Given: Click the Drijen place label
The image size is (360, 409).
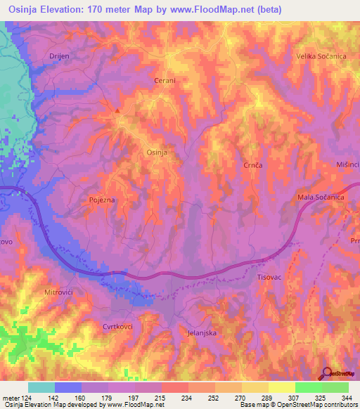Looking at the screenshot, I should click(57, 56).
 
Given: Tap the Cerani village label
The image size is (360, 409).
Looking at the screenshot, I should click(165, 81).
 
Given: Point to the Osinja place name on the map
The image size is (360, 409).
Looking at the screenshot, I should click(155, 152).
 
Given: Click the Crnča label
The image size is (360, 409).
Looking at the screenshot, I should click(253, 164).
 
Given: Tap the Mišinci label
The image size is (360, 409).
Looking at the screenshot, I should click(347, 164).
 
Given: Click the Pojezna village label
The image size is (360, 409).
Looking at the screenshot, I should click(102, 200).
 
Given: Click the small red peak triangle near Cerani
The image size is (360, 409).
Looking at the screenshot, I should click(117, 110).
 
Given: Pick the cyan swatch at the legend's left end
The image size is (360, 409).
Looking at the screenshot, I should click(41, 387).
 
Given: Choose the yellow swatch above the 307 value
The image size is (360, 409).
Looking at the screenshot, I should click(281, 387).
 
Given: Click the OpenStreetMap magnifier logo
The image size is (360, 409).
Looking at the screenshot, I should click(327, 374).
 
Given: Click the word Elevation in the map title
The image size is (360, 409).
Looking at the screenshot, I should click(61, 10).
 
